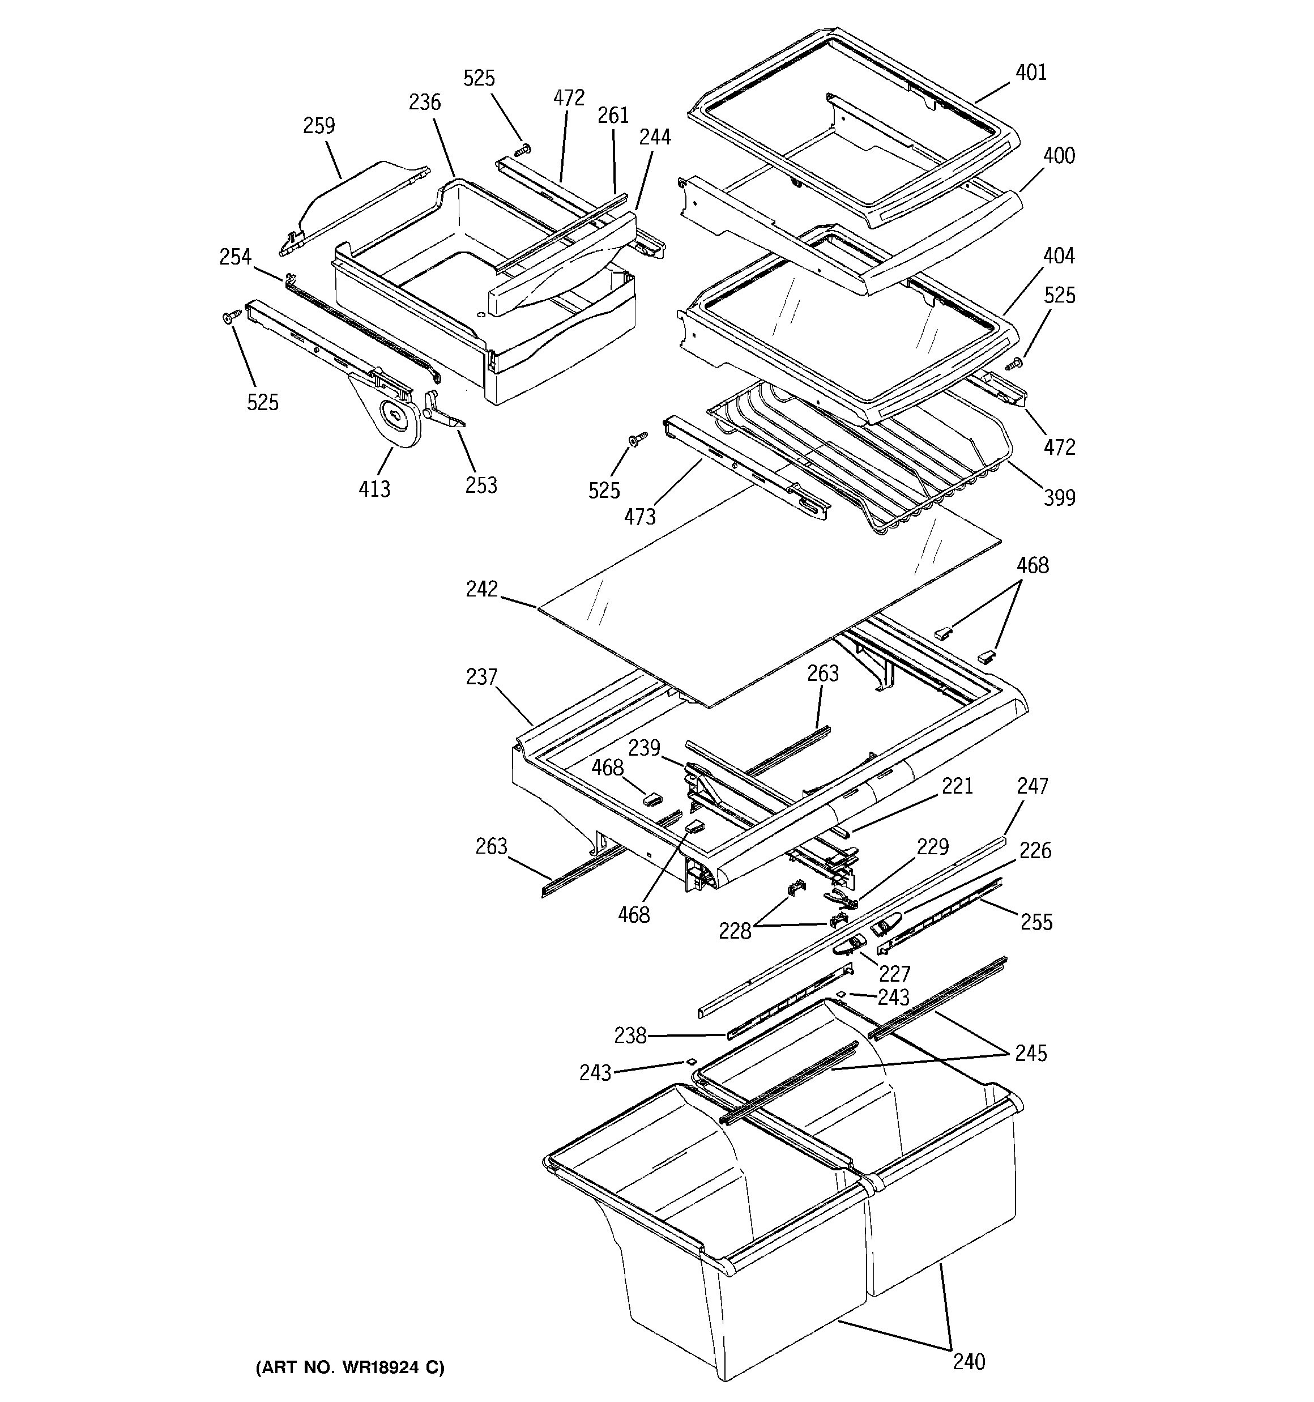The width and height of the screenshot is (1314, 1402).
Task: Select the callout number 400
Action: click(x=1059, y=155)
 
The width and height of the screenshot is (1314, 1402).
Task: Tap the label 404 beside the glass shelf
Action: click(x=1059, y=255)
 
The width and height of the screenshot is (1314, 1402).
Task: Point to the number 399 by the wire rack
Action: click(x=1059, y=498)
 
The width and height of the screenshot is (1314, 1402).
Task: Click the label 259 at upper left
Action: click(x=319, y=126)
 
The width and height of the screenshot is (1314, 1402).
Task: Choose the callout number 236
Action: click(x=425, y=103)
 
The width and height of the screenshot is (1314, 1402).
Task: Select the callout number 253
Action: click(x=481, y=485)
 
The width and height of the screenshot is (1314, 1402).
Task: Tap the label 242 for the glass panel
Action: click(x=482, y=589)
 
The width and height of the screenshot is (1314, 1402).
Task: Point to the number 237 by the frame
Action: click(x=482, y=677)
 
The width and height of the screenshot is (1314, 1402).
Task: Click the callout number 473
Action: click(x=639, y=517)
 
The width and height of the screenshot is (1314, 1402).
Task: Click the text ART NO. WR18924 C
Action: click(x=350, y=1367)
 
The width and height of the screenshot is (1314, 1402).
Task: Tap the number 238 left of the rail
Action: click(x=630, y=1035)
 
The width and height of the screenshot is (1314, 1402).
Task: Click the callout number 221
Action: click(x=957, y=786)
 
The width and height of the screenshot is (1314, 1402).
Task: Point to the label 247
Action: click(x=1032, y=786)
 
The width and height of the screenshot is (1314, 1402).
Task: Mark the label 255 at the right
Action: click(x=1036, y=922)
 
